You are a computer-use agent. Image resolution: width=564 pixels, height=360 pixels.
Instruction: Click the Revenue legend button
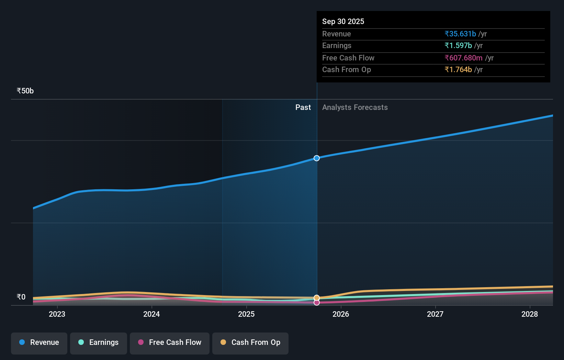click(39, 343)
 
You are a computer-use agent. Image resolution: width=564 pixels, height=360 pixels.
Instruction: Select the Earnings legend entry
click(99, 343)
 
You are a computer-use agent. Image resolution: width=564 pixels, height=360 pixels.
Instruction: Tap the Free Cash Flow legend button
click(170, 343)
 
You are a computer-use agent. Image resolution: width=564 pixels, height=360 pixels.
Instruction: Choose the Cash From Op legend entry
click(250, 343)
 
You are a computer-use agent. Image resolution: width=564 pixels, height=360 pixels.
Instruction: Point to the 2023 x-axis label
click(57, 314)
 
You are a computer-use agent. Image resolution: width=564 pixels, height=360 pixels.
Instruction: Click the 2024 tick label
click(151, 314)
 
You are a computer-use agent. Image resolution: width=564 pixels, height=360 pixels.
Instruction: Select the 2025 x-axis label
click(246, 314)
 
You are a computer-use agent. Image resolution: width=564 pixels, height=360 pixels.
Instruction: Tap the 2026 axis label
click(341, 314)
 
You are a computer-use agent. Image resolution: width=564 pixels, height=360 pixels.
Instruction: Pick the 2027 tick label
click(435, 314)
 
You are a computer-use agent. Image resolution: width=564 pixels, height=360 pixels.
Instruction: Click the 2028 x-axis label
click(530, 314)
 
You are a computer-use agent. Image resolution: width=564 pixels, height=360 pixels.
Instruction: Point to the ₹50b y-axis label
click(25, 91)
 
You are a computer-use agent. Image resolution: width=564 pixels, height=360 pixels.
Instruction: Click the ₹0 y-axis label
click(21, 297)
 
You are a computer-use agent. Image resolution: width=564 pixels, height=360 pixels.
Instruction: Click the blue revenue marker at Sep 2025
click(317, 158)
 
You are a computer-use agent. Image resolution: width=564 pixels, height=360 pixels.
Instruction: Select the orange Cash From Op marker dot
click(317, 298)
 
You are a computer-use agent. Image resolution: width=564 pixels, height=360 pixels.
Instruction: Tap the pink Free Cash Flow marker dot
click(317, 303)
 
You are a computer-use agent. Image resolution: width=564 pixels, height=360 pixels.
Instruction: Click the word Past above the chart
click(303, 108)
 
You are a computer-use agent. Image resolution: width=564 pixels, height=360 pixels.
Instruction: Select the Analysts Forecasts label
click(355, 108)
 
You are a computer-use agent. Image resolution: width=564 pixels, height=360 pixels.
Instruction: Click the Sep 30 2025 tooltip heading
click(343, 21)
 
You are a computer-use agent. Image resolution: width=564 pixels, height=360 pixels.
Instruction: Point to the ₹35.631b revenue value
click(460, 34)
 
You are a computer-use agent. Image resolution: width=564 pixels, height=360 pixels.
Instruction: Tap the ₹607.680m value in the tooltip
click(463, 58)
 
